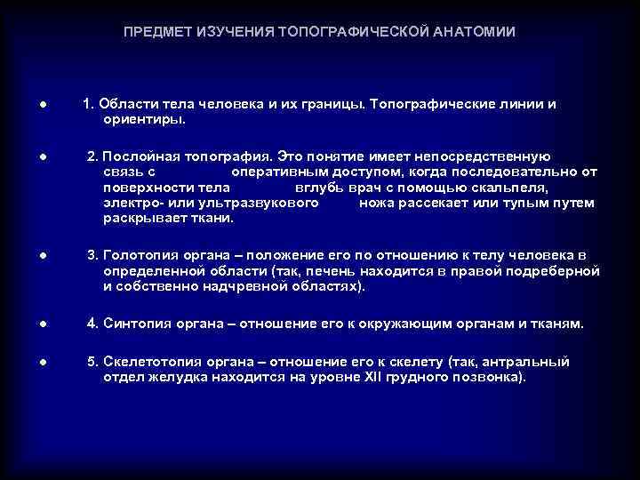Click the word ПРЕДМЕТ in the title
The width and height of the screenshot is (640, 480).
(x=156, y=32)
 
